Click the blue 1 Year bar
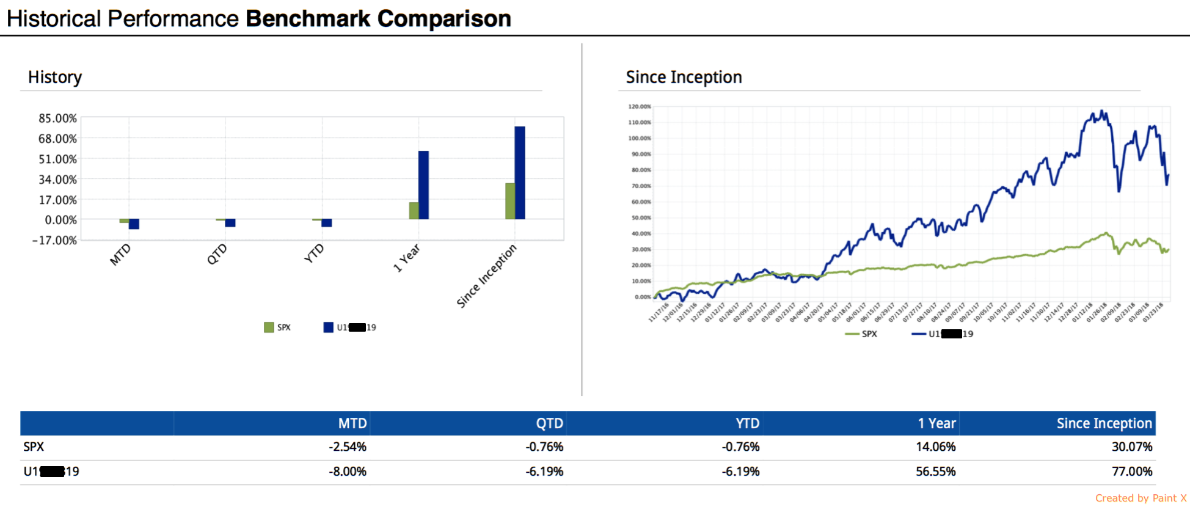423,184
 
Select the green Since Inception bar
510,201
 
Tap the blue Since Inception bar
520,173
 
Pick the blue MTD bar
134,224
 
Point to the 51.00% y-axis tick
57,159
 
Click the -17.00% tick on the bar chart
54,240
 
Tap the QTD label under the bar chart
217,254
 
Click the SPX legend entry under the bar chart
278,327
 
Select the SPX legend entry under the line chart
862,334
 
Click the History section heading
55,78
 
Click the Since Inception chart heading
684,78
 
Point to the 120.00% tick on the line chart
640,107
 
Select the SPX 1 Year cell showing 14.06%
935,447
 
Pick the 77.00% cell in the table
1132,472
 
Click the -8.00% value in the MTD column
348,472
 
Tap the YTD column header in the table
747,423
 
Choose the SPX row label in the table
34,447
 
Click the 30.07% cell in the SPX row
1132,447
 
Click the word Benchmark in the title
308,19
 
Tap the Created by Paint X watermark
1141,498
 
